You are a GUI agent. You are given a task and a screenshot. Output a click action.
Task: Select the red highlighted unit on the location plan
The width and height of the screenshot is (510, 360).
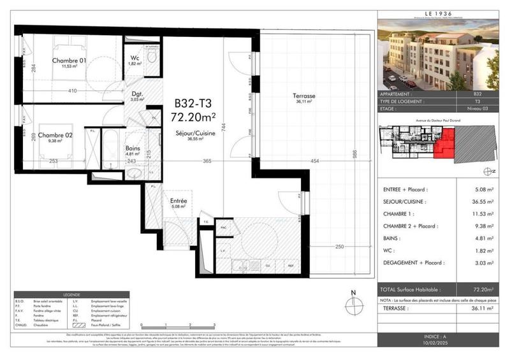coord(444,143)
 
